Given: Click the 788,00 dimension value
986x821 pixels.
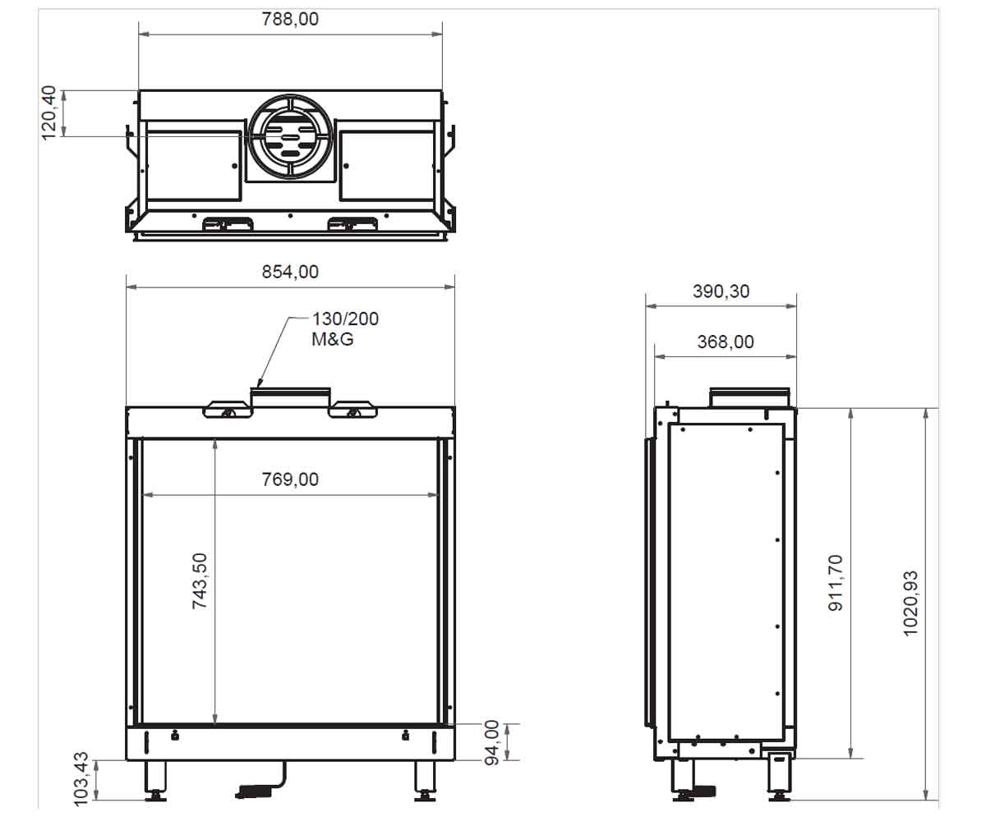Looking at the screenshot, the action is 290,20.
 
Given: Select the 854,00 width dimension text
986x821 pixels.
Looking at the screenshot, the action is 290,272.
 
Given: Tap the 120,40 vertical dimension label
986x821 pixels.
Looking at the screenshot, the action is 49,112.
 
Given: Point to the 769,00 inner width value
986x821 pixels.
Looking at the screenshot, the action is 290,479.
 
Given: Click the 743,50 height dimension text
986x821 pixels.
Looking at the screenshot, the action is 200,580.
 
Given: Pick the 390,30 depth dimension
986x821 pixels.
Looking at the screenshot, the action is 721,291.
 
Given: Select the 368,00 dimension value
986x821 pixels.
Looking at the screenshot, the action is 726,342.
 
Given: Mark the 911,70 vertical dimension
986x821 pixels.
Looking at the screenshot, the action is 836,583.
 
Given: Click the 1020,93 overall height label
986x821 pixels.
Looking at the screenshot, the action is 910,603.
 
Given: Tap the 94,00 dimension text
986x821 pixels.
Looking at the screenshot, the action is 491,743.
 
